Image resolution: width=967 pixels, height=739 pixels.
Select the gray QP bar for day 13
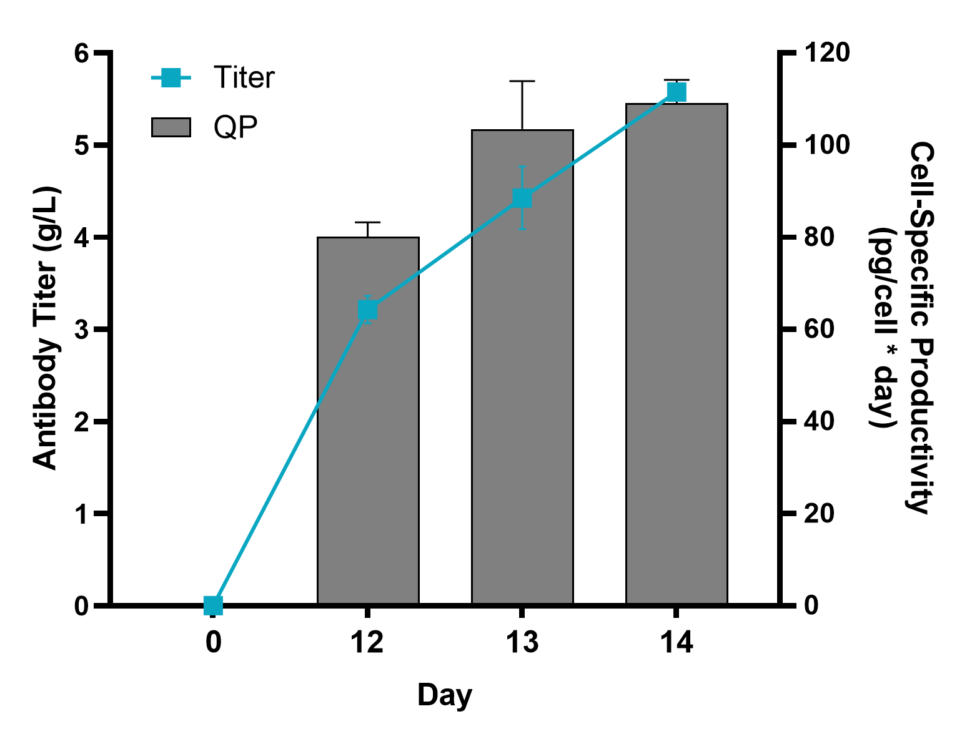(x=522, y=406)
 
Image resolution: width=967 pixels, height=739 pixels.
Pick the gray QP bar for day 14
(x=677, y=374)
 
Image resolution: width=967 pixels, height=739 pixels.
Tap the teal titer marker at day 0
(x=214, y=605)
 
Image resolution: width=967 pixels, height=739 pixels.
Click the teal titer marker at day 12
(x=368, y=310)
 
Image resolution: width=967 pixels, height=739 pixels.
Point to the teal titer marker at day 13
(x=522, y=198)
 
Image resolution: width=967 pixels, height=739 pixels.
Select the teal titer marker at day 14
(x=677, y=92)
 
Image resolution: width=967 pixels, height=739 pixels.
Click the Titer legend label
(x=244, y=78)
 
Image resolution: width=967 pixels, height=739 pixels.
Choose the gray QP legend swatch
(x=171, y=127)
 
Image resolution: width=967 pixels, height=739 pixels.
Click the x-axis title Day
(x=445, y=695)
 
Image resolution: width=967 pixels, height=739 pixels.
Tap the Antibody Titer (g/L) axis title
(x=45, y=328)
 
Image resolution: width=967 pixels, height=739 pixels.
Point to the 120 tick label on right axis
(x=827, y=53)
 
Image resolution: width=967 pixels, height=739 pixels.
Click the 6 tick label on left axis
(x=81, y=53)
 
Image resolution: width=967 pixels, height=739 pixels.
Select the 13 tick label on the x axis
(x=522, y=642)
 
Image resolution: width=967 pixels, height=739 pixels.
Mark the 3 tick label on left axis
(x=81, y=330)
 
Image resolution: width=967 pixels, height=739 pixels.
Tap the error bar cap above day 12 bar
(x=368, y=222)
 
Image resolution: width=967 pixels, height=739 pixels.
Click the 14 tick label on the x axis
(x=677, y=642)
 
